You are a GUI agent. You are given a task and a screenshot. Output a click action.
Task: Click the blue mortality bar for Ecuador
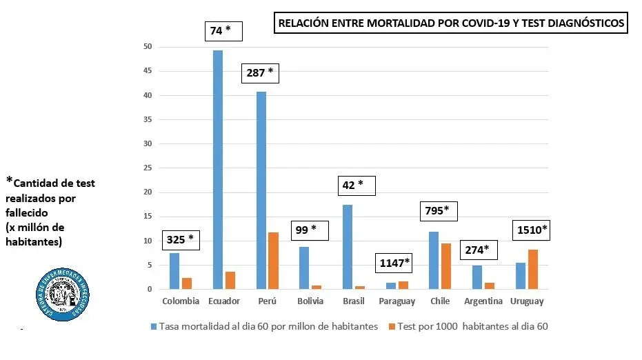[217, 170]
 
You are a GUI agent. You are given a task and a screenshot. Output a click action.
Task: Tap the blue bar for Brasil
[347, 247]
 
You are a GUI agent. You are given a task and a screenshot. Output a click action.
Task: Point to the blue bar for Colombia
[174, 271]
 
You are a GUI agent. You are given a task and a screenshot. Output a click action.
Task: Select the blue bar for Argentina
[477, 277]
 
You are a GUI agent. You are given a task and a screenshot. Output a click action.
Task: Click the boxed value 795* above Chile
[439, 211]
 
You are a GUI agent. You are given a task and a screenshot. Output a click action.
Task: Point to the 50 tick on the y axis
[148, 47]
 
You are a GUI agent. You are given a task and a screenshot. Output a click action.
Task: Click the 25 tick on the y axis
[148, 168]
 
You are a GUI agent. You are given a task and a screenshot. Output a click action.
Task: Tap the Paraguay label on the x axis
[397, 301]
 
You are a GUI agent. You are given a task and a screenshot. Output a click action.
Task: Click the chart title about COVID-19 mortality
[451, 23]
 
